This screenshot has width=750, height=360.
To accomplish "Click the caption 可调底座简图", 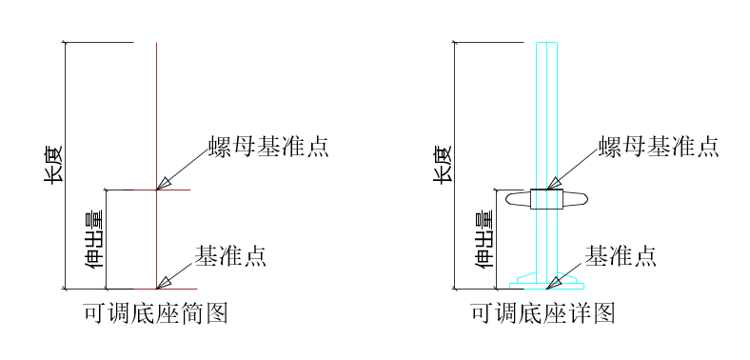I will (x=156, y=313).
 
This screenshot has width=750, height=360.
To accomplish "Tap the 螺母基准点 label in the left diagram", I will (x=269, y=147).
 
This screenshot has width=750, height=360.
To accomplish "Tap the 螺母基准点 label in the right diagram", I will (x=659, y=147).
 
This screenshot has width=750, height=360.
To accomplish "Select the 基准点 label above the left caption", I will (x=230, y=255).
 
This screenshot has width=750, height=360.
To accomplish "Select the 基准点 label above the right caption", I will (x=620, y=255).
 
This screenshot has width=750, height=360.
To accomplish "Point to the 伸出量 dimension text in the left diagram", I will (x=94, y=239).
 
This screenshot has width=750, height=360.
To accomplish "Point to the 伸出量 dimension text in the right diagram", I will (x=484, y=239).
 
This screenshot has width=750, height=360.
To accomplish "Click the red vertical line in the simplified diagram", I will (x=156, y=114).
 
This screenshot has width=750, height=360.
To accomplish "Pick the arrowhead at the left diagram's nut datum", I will (x=165, y=183).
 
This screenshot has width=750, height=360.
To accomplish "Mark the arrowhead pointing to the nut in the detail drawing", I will (x=555, y=182).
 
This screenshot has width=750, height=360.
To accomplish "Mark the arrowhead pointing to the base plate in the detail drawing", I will (x=555, y=280).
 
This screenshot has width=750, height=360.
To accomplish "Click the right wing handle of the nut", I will (x=577, y=199).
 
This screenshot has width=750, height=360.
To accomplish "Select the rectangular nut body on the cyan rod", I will (x=546, y=199).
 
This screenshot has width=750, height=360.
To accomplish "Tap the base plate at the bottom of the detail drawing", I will (x=546, y=285).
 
